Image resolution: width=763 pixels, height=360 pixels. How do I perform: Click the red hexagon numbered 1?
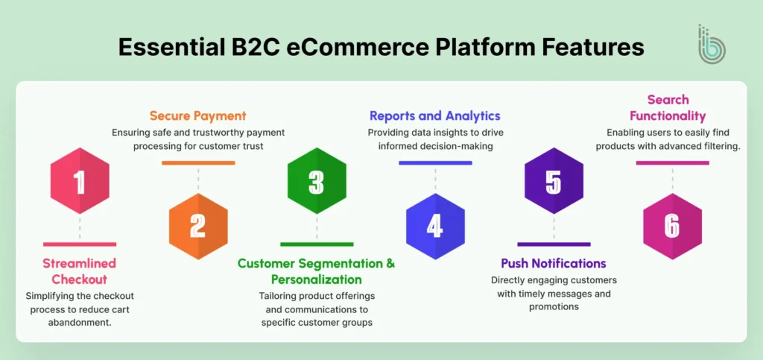coord(80,181)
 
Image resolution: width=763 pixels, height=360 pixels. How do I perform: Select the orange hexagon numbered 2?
coord(198,226)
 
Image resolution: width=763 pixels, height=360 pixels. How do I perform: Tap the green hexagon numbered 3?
coord(317,181)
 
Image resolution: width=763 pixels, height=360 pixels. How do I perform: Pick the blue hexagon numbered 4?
coord(435,226)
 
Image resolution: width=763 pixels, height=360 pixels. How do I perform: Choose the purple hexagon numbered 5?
coord(554,181)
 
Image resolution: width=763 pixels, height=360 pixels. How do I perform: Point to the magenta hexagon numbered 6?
coord(672,226)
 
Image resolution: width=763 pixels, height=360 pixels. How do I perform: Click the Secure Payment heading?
coord(197,116)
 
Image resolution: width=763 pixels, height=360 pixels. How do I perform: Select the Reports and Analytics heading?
coord(435,116)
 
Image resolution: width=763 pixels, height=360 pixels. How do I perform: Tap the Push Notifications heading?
coord(553,263)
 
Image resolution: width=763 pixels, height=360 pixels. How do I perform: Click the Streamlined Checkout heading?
coord(80,271)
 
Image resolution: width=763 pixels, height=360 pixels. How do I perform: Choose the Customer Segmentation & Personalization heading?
coord(316,271)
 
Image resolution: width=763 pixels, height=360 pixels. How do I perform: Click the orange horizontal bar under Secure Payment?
coord(198,162)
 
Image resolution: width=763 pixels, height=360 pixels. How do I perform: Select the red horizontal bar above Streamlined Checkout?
coord(80,244)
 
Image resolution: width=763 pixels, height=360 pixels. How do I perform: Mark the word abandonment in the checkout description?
coord(80,323)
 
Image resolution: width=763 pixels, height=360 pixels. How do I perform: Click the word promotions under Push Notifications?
coord(554,306)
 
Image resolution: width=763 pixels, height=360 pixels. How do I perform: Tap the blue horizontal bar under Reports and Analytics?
coord(435,162)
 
